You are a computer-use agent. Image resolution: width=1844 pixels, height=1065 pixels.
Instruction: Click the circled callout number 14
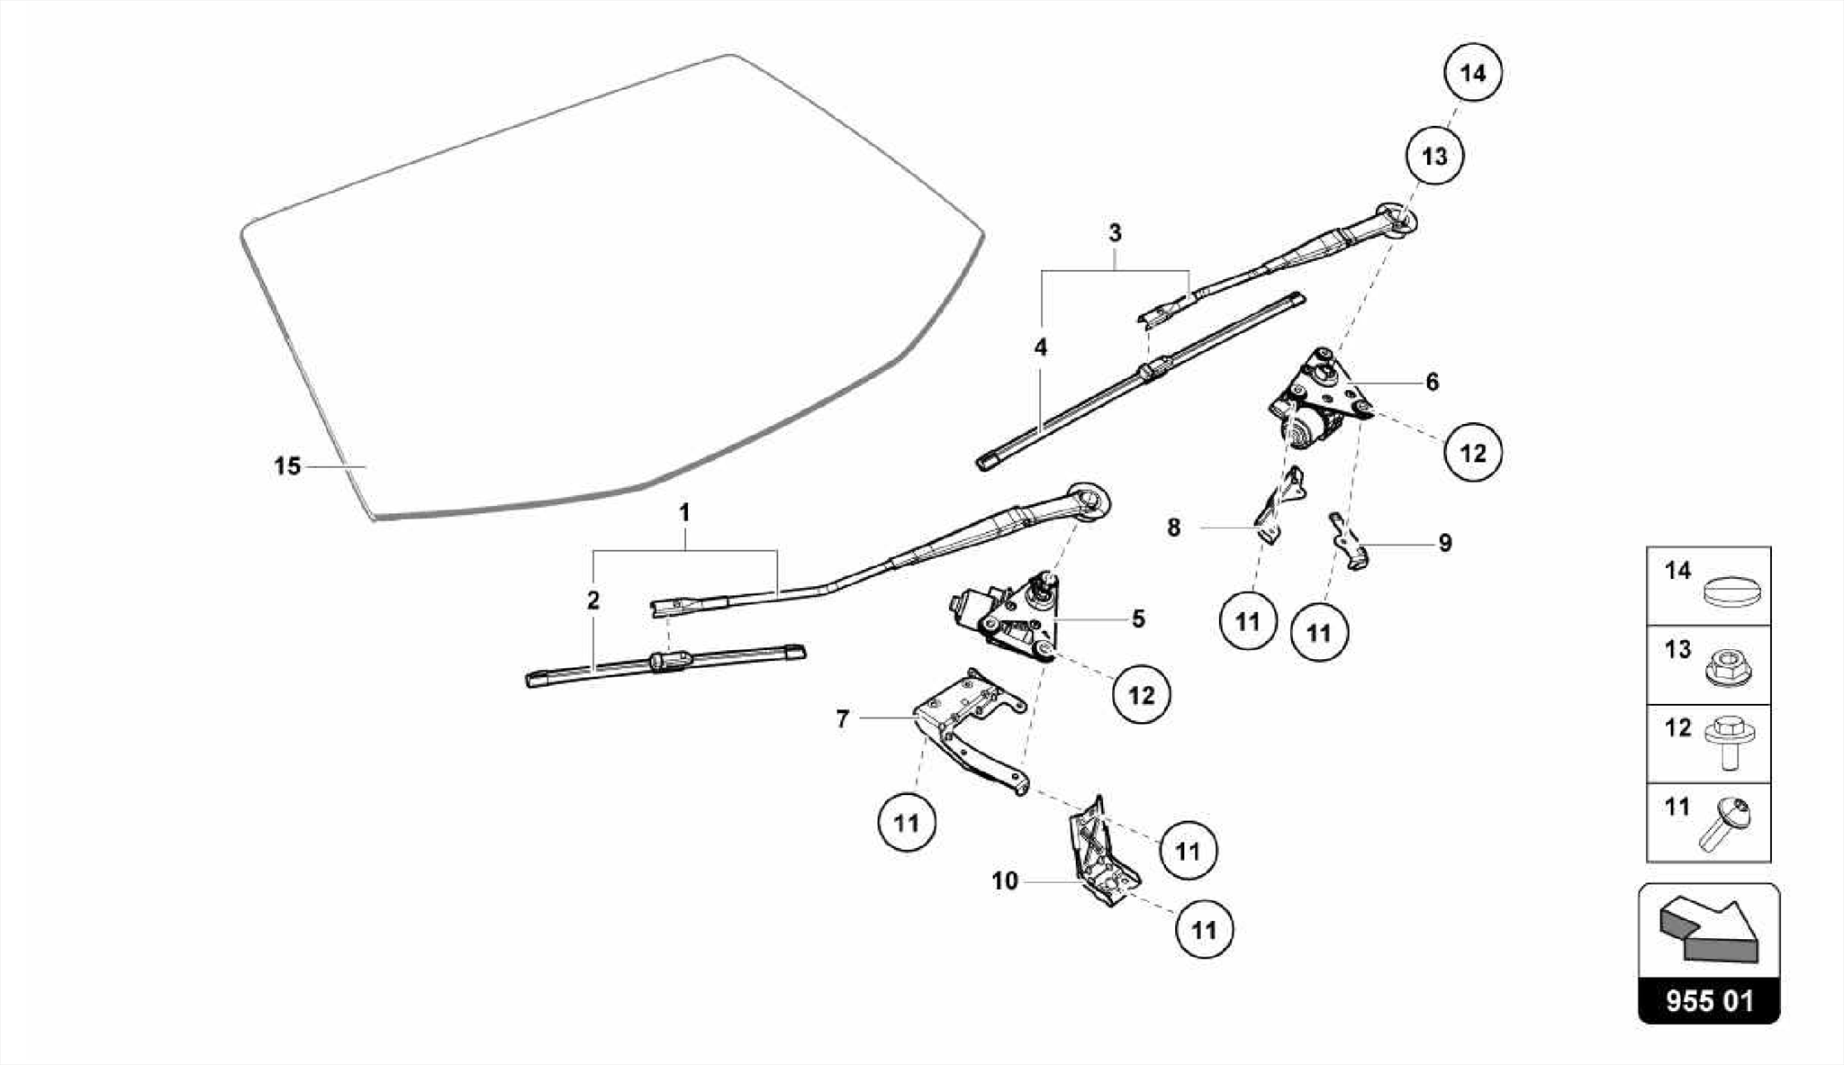pos(1473,72)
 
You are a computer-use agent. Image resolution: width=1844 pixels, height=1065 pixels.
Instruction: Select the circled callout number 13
pos(1434,156)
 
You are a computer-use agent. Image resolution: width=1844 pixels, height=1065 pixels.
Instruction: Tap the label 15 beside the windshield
pos(287,466)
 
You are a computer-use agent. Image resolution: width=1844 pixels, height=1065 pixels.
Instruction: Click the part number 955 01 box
pos(1709,1001)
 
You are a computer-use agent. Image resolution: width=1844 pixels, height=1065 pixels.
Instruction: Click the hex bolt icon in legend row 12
pos(1728,743)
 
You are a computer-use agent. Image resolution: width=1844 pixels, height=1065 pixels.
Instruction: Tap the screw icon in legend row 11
pos(1722,824)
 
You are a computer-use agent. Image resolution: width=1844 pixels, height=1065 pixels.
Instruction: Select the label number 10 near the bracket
pos(1005,880)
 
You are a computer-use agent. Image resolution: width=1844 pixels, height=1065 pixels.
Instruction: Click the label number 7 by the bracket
pos(843,719)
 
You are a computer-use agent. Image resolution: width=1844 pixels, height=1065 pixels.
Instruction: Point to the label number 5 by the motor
pos(1138,619)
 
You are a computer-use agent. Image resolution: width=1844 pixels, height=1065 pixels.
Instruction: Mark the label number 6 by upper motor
pos(1433,382)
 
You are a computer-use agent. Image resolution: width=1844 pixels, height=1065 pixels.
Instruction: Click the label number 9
pos(1445,543)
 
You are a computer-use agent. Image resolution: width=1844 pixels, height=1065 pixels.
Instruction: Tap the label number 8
pos(1173,528)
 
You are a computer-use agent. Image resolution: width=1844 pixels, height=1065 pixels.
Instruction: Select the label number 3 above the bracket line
pos(1115,234)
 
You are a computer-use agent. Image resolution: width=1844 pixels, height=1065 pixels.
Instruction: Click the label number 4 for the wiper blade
pos(1041,347)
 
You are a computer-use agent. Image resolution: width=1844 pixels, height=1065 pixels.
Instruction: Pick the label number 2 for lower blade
pos(592,600)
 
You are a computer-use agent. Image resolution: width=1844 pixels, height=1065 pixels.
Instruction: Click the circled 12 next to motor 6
pos(1473,452)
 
